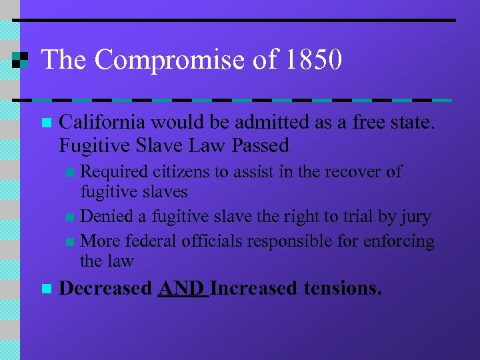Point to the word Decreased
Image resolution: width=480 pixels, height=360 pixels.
pos(106,289)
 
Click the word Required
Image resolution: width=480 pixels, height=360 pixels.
pos(112,171)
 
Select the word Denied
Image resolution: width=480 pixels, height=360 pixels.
pos(103,216)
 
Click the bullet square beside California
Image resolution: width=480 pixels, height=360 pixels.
pos(45,123)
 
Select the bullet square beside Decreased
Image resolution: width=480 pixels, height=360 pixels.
pos(45,289)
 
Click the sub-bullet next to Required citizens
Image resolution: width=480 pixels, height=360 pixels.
pos(71,173)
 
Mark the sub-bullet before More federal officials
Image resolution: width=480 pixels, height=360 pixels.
pos(71,241)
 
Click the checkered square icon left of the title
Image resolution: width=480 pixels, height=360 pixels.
pos(20,60)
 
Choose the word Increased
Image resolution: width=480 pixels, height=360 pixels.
pos(254,289)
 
